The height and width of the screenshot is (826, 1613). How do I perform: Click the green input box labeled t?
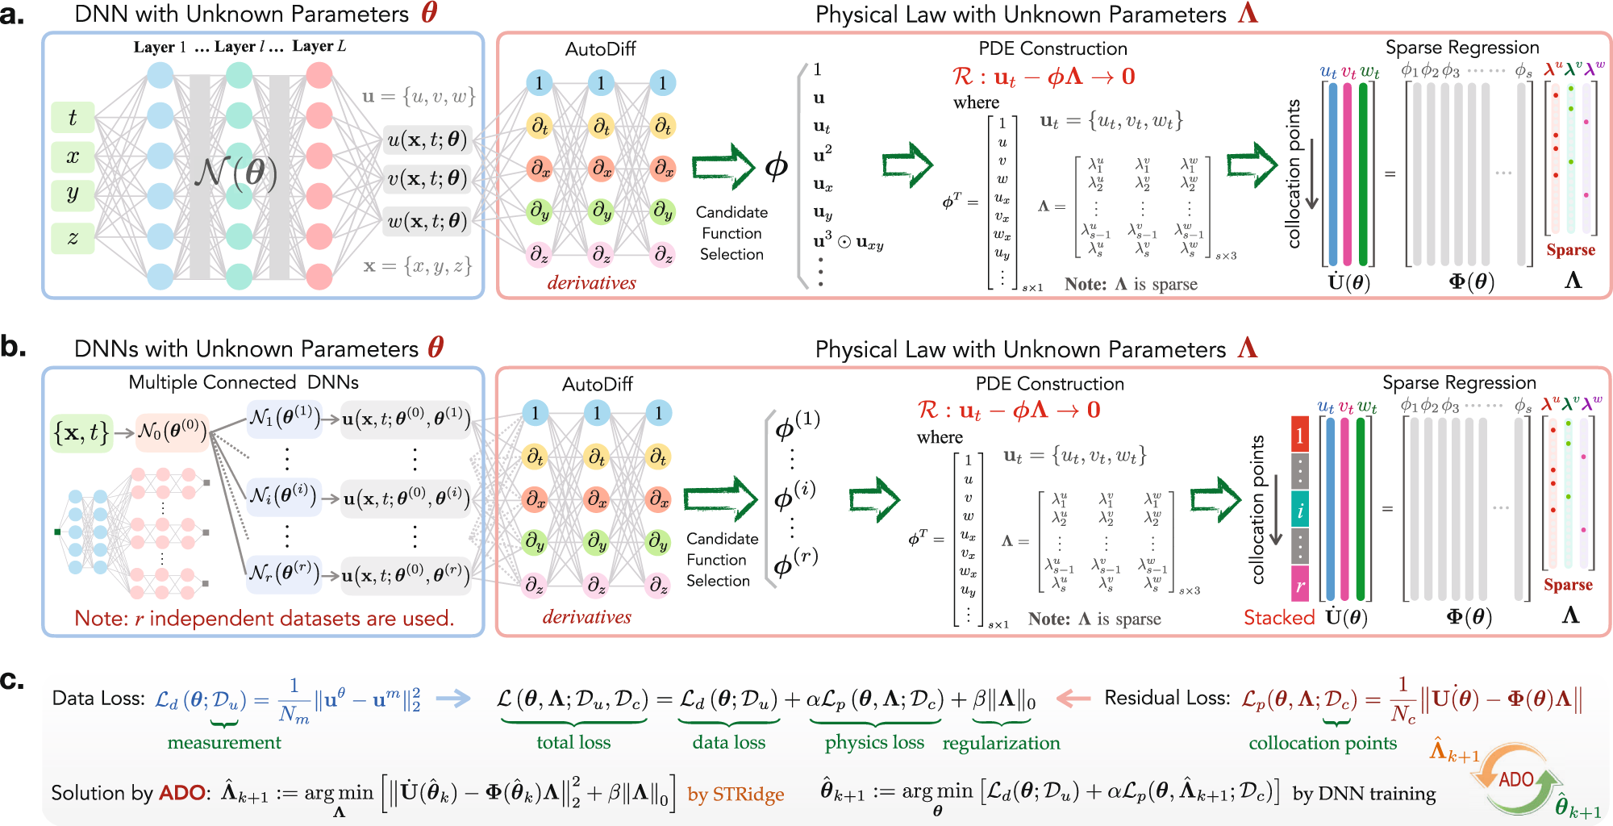(x=73, y=118)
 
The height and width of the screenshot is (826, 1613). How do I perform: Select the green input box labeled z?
(x=73, y=237)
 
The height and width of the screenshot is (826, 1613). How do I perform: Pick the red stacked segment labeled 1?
(x=1299, y=436)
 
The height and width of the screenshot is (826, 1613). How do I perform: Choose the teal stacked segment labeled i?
(x=1299, y=510)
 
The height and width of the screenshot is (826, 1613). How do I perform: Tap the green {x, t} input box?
(x=81, y=432)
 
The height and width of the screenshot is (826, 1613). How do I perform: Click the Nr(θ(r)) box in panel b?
(x=284, y=574)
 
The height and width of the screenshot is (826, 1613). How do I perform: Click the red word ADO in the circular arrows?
(x=1515, y=779)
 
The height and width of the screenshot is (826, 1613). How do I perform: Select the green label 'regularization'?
(x=1001, y=743)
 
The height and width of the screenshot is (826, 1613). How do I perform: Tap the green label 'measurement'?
(x=224, y=742)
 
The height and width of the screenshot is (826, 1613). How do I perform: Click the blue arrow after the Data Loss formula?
(x=453, y=699)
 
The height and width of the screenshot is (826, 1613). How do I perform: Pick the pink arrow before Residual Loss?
(x=1073, y=699)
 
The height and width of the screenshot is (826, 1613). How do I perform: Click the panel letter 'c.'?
(x=12, y=681)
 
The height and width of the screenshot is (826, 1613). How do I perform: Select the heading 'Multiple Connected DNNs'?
(x=244, y=382)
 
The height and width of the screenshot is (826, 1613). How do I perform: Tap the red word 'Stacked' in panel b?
(x=1279, y=618)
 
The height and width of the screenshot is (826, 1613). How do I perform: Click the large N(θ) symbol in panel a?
(x=236, y=173)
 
